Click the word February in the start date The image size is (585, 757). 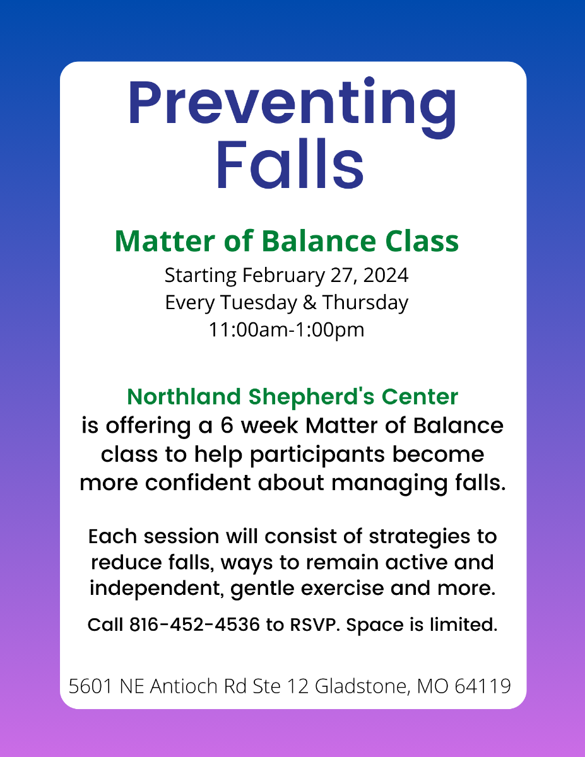point(283,276)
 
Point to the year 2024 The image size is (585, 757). point(386,276)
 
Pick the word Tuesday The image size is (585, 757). point(259,302)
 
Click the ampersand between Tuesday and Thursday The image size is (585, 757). point(309,302)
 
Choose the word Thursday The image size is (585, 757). point(365,302)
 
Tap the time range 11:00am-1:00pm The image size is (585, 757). point(287,330)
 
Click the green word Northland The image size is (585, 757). point(184,397)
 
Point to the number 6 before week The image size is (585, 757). point(227,426)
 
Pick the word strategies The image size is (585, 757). point(419,536)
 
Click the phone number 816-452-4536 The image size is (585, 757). point(195,625)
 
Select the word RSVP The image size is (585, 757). point(315,625)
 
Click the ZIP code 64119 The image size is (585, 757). point(483,686)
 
